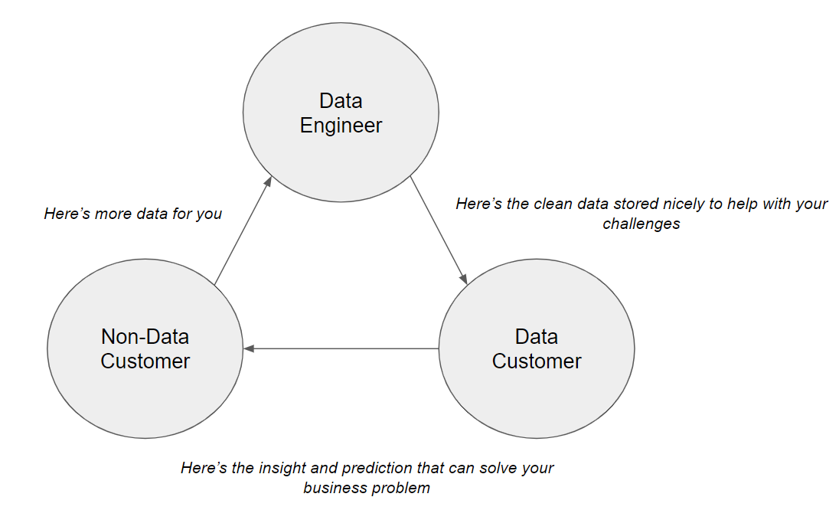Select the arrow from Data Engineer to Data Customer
(439, 230)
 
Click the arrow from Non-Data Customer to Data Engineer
(243, 230)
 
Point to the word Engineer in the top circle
(341, 126)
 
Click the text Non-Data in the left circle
(145, 337)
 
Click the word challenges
(641, 224)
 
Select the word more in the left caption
(112, 214)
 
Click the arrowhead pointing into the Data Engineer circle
(268, 181)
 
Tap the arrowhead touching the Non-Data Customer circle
(249, 348)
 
